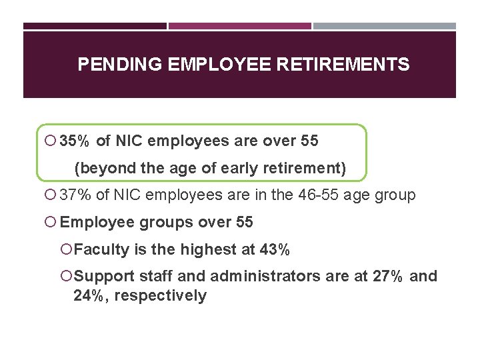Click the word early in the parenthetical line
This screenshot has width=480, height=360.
tap(225, 169)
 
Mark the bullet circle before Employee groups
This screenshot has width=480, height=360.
tap(53, 223)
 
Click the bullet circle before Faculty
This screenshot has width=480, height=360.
tap(67, 250)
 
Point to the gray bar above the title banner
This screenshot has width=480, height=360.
tap(385, 27)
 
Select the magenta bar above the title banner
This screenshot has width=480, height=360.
tap(239, 27)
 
